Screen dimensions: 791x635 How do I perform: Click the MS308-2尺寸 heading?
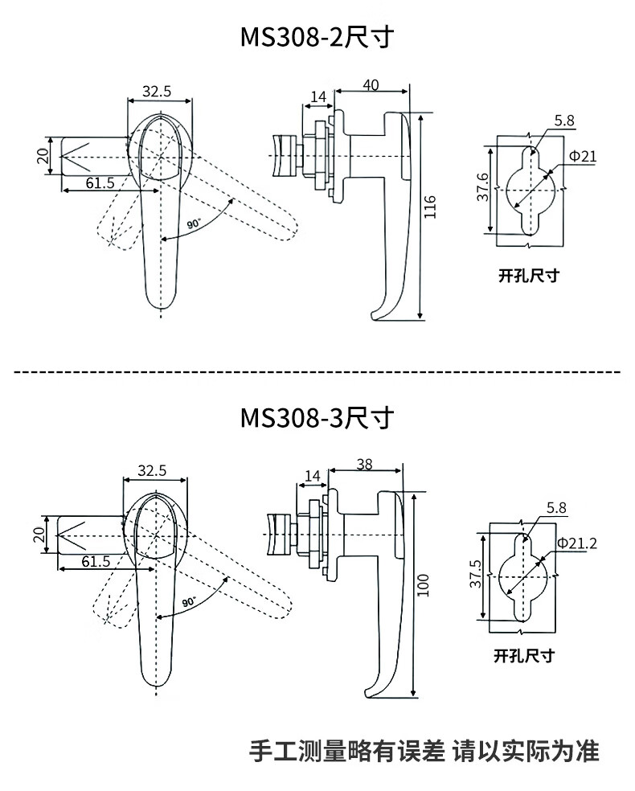click(317, 38)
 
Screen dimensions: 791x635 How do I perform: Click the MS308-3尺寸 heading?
click(317, 418)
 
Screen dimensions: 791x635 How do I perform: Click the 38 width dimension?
click(363, 465)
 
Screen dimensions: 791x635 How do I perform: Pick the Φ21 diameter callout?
click(583, 156)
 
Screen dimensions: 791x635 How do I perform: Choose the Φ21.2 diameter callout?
click(576, 544)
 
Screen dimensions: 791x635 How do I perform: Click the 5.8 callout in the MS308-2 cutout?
click(564, 121)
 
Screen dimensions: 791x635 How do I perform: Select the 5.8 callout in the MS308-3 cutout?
click(556, 508)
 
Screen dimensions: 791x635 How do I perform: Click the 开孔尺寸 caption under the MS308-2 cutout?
click(528, 276)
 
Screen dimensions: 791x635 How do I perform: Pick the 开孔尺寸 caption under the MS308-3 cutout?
click(524, 655)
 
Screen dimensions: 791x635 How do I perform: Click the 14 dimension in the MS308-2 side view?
click(318, 97)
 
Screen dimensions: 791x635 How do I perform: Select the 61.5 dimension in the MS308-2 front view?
click(100, 183)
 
